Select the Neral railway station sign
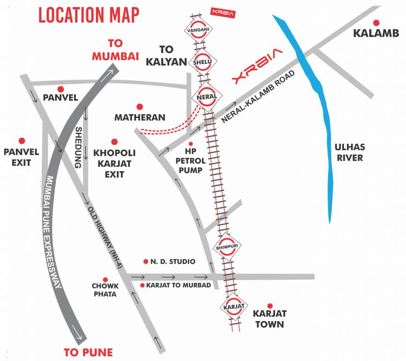tap(207, 96)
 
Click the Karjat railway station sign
tap(233, 306)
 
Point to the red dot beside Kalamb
tap(376, 23)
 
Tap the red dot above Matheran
tap(138, 107)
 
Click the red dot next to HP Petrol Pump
tap(191, 144)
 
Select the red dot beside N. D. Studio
tap(145, 261)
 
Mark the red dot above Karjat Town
tap(269, 305)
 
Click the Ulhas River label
tap(349, 152)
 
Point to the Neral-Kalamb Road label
tap(259, 97)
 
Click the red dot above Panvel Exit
tap(21, 141)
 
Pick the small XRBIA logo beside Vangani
tap(223, 12)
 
